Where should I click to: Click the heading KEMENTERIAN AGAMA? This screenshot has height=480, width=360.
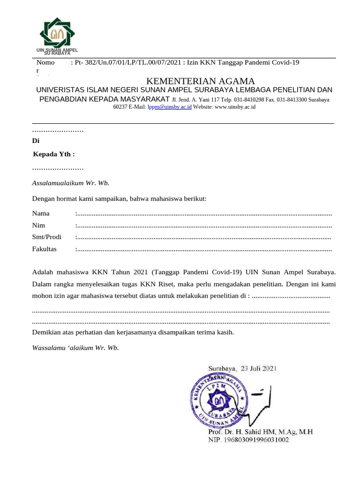[x=201, y=81]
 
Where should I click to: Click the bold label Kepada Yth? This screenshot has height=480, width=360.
[x=54, y=154]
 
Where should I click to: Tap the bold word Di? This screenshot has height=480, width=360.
[x=36, y=141]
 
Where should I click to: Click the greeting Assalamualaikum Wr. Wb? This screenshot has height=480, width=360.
[x=70, y=183]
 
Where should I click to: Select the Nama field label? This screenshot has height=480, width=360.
[x=41, y=214]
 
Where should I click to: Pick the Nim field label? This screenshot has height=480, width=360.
[x=38, y=225]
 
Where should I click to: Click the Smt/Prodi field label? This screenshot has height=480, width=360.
[x=46, y=237]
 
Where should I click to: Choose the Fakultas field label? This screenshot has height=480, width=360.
[x=44, y=249]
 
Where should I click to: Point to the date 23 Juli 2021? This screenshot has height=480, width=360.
[x=259, y=368]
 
